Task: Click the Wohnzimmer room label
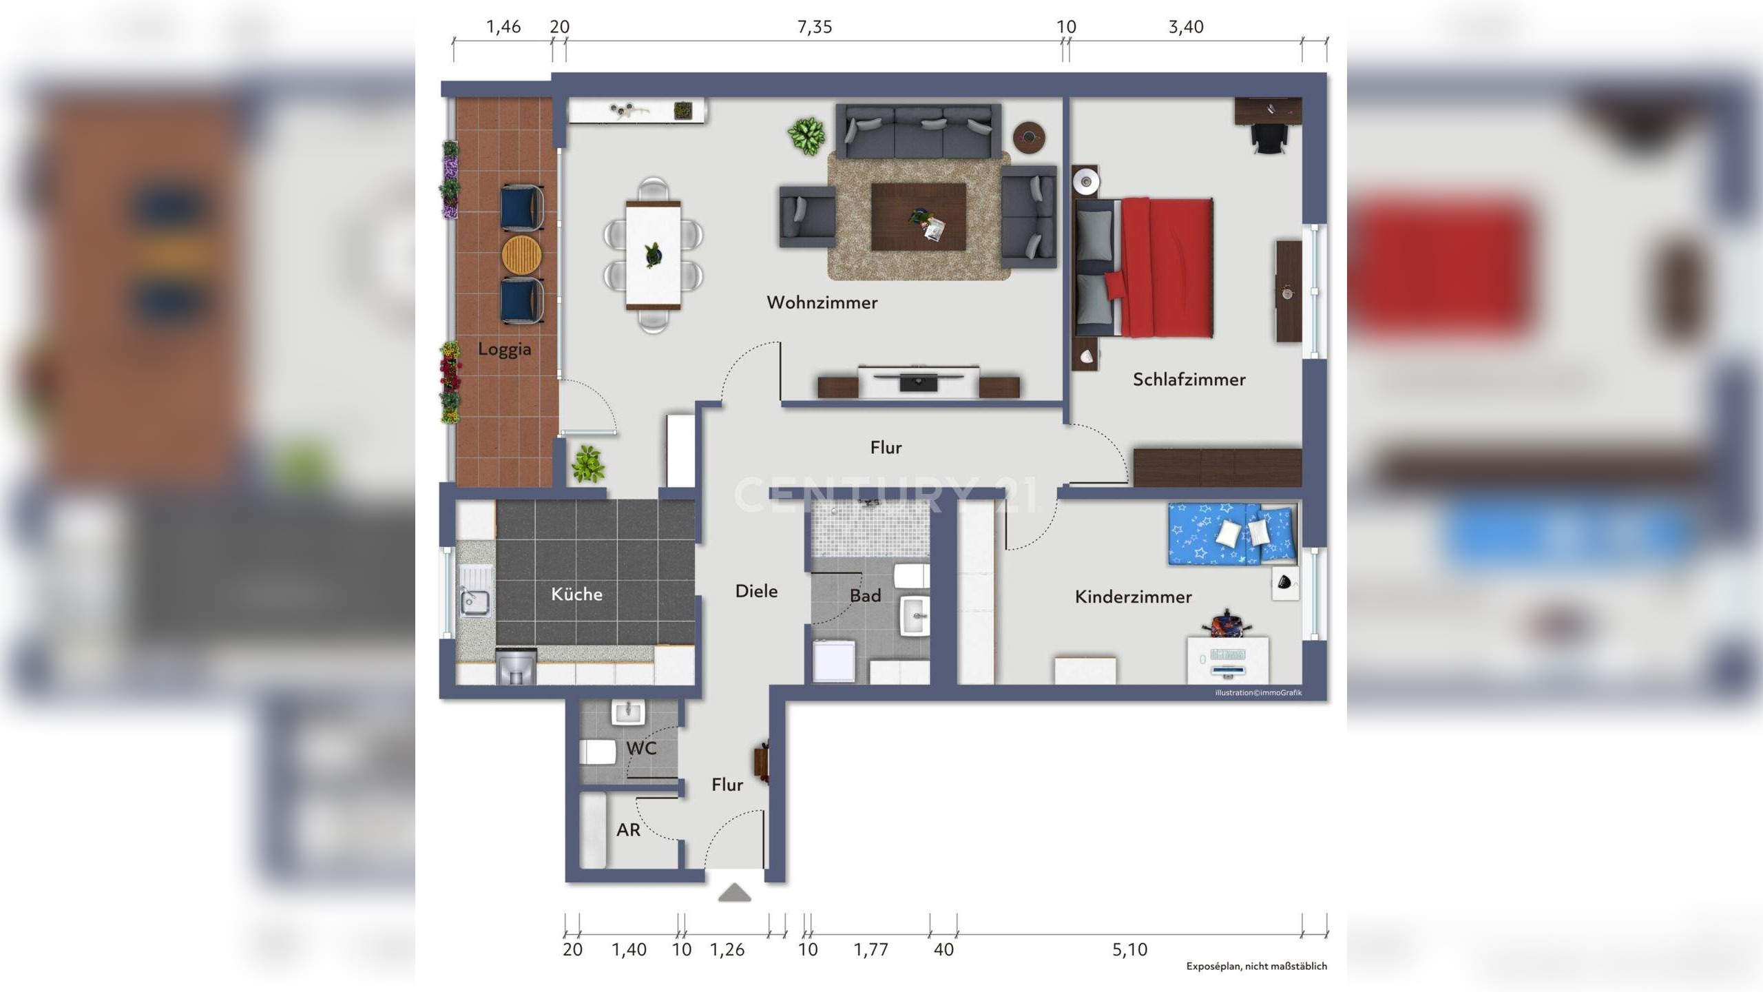(x=822, y=302)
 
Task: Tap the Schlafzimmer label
(x=1189, y=380)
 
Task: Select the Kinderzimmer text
(x=1134, y=597)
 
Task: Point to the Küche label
(x=577, y=594)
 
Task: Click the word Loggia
(x=505, y=349)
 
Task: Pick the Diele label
(x=757, y=591)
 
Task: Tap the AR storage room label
(x=628, y=830)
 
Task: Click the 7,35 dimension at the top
(x=815, y=27)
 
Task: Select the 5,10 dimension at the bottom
(x=1130, y=950)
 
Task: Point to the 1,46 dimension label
(x=503, y=27)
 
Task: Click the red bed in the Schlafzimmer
(x=1144, y=267)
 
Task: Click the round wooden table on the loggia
(x=521, y=254)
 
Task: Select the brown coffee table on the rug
(x=919, y=216)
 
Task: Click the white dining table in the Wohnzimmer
(x=654, y=255)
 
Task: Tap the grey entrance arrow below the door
(x=735, y=893)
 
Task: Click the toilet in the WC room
(x=597, y=752)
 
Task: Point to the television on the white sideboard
(x=919, y=380)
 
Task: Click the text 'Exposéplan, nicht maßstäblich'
(x=1256, y=967)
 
